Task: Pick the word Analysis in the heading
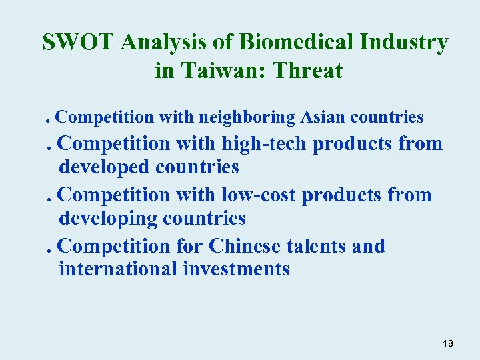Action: click(153, 43)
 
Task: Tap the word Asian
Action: click(323, 117)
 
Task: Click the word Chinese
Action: click(245, 246)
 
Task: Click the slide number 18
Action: click(447, 343)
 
